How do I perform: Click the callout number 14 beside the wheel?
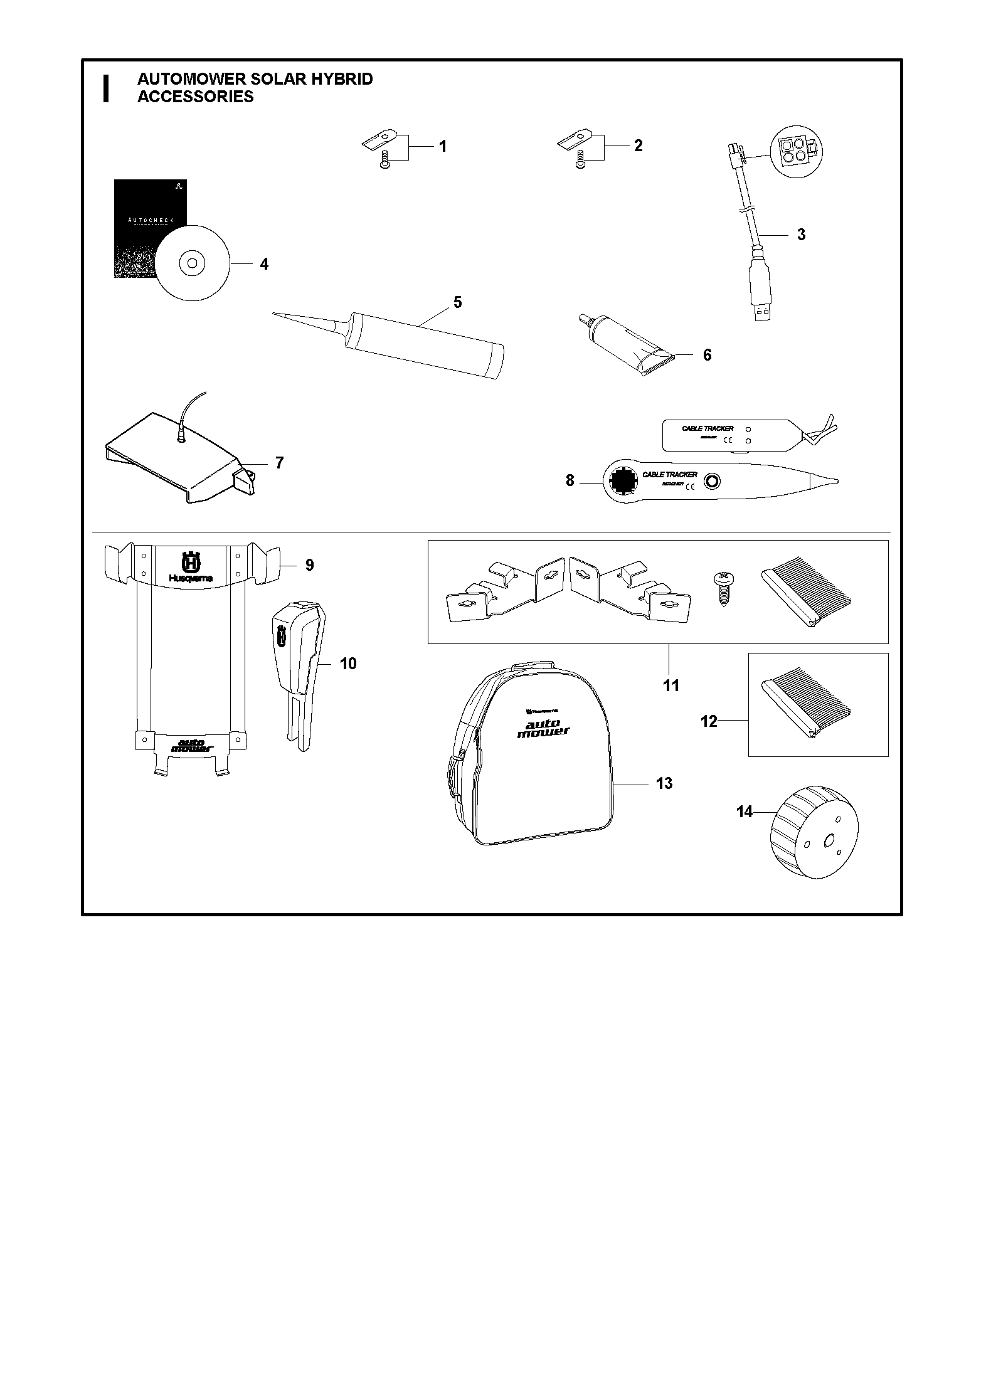click(x=744, y=812)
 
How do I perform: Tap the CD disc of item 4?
click(x=192, y=263)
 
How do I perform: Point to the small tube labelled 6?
click(x=628, y=348)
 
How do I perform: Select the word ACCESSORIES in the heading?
click(x=196, y=97)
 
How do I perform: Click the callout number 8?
click(x=570, y=481)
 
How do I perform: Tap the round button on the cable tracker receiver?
click(x=712, y=482)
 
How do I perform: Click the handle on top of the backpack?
click(x=533, y=665)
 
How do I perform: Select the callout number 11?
click(x=671, y=685)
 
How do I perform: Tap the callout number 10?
click(x=348, y=664)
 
